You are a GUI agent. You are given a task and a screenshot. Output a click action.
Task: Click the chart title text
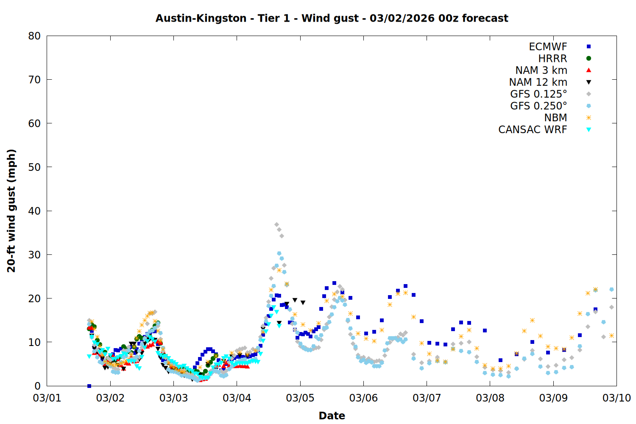332,18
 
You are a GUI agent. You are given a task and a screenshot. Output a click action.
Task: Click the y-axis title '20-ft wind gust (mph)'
11,210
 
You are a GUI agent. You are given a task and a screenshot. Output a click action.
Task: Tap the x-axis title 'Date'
332,416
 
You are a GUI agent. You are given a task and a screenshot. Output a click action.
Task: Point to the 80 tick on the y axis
34,36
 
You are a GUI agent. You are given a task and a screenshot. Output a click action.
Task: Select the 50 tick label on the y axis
34,167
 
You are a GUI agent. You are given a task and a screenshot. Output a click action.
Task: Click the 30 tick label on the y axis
34,254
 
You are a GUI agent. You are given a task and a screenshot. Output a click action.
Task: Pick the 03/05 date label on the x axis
300,398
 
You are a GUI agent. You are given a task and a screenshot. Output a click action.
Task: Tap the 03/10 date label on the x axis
616,398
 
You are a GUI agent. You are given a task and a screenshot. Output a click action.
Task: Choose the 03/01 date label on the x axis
47,398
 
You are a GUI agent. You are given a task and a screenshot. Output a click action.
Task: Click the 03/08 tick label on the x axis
490,398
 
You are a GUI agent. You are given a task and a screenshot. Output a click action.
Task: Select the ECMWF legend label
548,47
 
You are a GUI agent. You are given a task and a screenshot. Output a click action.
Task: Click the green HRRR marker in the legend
589,59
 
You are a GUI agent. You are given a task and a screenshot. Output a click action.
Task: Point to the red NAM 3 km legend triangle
589,70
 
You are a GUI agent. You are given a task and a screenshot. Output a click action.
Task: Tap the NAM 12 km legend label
538,82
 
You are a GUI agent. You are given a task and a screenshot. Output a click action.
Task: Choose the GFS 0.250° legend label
538,106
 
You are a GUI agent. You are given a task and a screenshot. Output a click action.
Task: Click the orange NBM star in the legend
589,118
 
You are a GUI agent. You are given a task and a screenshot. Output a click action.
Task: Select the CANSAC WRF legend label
533,130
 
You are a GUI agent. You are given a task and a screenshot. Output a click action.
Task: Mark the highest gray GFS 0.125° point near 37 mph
276,225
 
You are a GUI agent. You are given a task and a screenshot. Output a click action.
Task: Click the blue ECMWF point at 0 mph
89,386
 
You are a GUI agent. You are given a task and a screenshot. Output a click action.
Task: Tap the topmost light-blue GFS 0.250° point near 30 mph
279,254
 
